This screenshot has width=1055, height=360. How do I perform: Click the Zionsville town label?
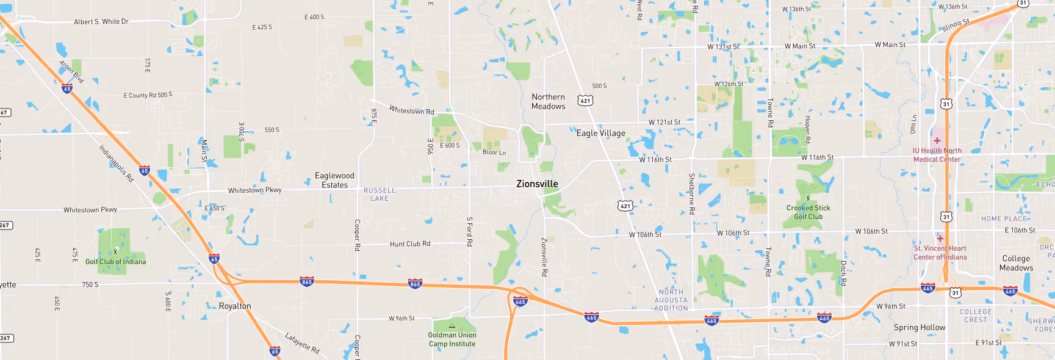(537, 184)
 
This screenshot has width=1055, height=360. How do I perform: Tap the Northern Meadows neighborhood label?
(548, 101)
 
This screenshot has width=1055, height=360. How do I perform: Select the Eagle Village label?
(600, 133)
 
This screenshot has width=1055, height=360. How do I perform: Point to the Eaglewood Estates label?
(334, 180)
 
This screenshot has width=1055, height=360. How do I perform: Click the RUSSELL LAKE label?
(380, 194)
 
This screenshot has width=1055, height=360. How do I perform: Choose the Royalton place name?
(235, 306)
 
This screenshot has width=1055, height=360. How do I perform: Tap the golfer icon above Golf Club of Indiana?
(115, 251)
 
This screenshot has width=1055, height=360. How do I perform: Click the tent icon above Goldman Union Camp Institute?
(452, 326)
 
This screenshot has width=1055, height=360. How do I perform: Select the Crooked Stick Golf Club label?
(808, 212)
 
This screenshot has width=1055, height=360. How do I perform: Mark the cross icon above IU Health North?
(937, 140)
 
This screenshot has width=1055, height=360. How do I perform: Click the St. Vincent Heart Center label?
(940, 253)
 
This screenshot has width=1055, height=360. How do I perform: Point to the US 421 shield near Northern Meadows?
(585, 101)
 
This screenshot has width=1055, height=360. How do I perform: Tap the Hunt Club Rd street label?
(409, 244)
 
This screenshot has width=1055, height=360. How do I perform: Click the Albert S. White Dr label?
(101, 21)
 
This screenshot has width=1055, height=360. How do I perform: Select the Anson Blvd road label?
(71, 71)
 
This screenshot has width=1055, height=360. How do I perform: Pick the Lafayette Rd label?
(302, 343)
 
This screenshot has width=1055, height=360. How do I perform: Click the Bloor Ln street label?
(494, 153)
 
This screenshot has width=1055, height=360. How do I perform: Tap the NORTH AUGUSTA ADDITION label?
(671, 300)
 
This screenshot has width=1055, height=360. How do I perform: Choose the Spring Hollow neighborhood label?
(919, 327)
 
